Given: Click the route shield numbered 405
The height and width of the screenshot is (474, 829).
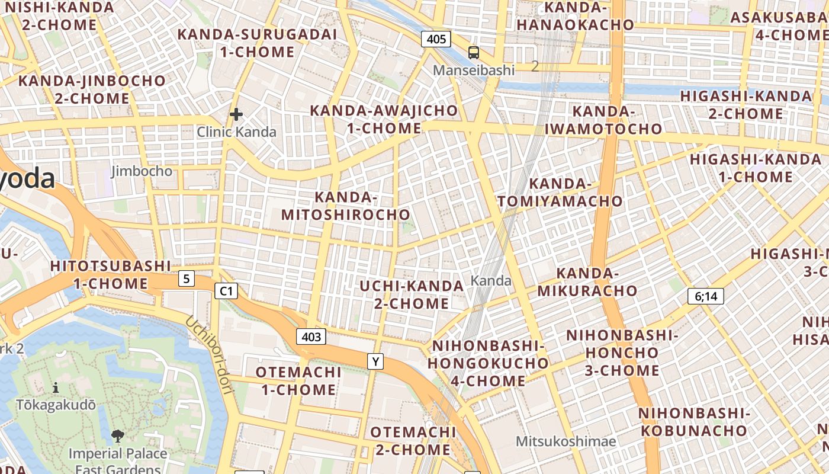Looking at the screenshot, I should pos(436,40).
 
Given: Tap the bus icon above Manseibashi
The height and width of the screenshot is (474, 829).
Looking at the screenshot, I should pos(473,53).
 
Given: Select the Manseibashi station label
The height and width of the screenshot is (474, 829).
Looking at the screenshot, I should pos(473,70).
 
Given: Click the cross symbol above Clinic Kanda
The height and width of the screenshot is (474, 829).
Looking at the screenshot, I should pos(236,114).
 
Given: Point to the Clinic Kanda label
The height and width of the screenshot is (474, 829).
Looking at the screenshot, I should pos(236,132).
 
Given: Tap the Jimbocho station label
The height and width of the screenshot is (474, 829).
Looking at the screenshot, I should pos(142,171).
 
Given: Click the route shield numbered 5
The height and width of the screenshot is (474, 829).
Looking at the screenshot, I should pos(187,278).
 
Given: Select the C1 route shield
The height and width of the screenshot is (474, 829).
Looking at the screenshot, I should pos(226,291).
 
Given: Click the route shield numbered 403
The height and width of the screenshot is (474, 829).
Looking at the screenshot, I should pos(311,337).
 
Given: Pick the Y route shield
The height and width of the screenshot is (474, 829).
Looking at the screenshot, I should pos(375,361).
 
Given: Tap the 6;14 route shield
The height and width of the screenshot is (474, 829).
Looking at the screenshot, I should pos(706,296).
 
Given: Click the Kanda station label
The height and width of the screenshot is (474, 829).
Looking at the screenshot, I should pos(491,280).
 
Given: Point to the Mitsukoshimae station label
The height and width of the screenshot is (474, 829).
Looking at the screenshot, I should pos(565,441).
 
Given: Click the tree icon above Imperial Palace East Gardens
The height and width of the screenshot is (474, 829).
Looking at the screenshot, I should pos(118,437).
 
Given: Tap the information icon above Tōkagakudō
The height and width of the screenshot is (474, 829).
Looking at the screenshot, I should pos(56,388).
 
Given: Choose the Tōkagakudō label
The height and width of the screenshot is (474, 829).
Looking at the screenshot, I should pos(56,405).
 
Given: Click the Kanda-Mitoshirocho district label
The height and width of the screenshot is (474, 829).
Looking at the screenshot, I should pos(346,206).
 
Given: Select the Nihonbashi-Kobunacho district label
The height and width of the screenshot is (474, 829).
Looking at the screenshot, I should pos(694,421).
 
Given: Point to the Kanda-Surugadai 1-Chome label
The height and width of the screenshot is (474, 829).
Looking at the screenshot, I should pos(257,43).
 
